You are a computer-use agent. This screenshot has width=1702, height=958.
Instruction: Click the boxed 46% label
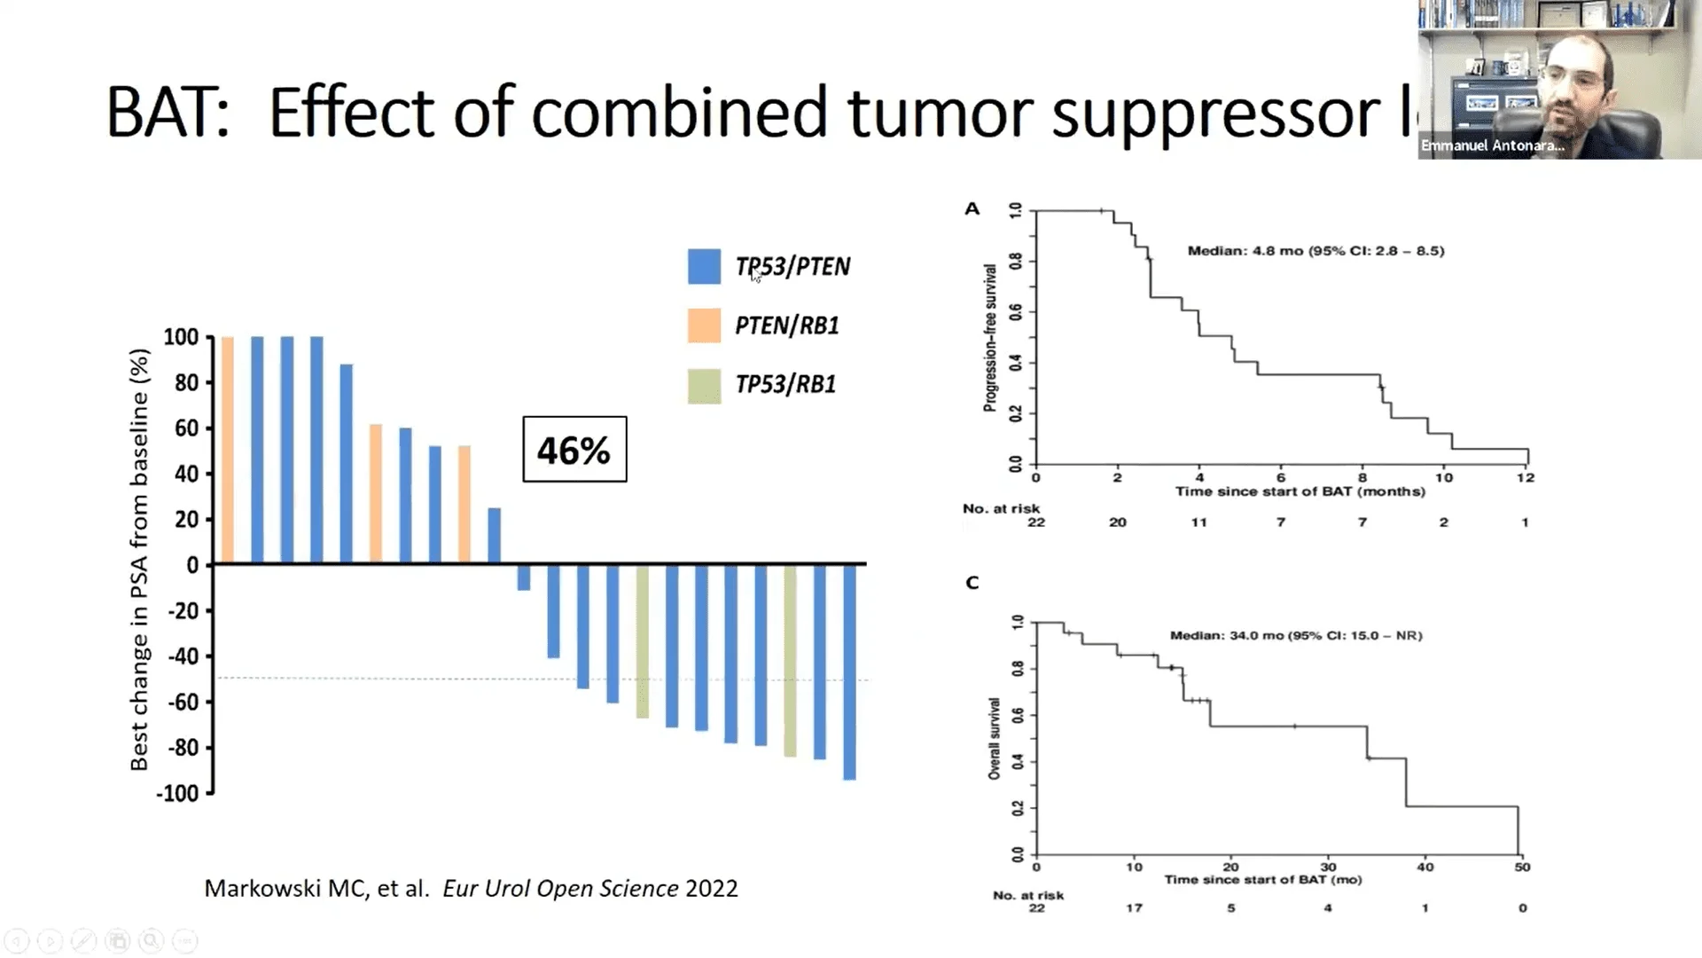574,450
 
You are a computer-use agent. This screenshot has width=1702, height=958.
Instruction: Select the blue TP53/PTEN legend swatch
704,266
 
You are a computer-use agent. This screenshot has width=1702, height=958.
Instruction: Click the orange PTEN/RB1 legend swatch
704,326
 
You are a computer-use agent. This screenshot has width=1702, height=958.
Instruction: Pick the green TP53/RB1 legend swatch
704,385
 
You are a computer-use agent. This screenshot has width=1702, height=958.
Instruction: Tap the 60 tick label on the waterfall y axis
186,428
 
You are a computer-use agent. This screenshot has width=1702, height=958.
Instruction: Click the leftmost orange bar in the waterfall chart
227,450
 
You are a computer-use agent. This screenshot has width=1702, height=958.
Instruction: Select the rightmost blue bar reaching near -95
849,671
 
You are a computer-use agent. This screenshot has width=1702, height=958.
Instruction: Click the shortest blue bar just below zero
524,577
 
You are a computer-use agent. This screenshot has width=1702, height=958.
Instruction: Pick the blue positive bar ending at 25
495,536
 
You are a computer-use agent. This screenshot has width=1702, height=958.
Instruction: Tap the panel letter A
972,209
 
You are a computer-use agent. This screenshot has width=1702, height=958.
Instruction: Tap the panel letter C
972,583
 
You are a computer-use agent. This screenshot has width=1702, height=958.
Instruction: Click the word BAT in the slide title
168,114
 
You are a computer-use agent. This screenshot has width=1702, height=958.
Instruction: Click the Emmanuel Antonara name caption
1492,145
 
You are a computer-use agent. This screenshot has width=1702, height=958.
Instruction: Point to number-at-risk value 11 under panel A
1198,522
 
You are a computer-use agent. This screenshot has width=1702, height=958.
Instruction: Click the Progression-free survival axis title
990,337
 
